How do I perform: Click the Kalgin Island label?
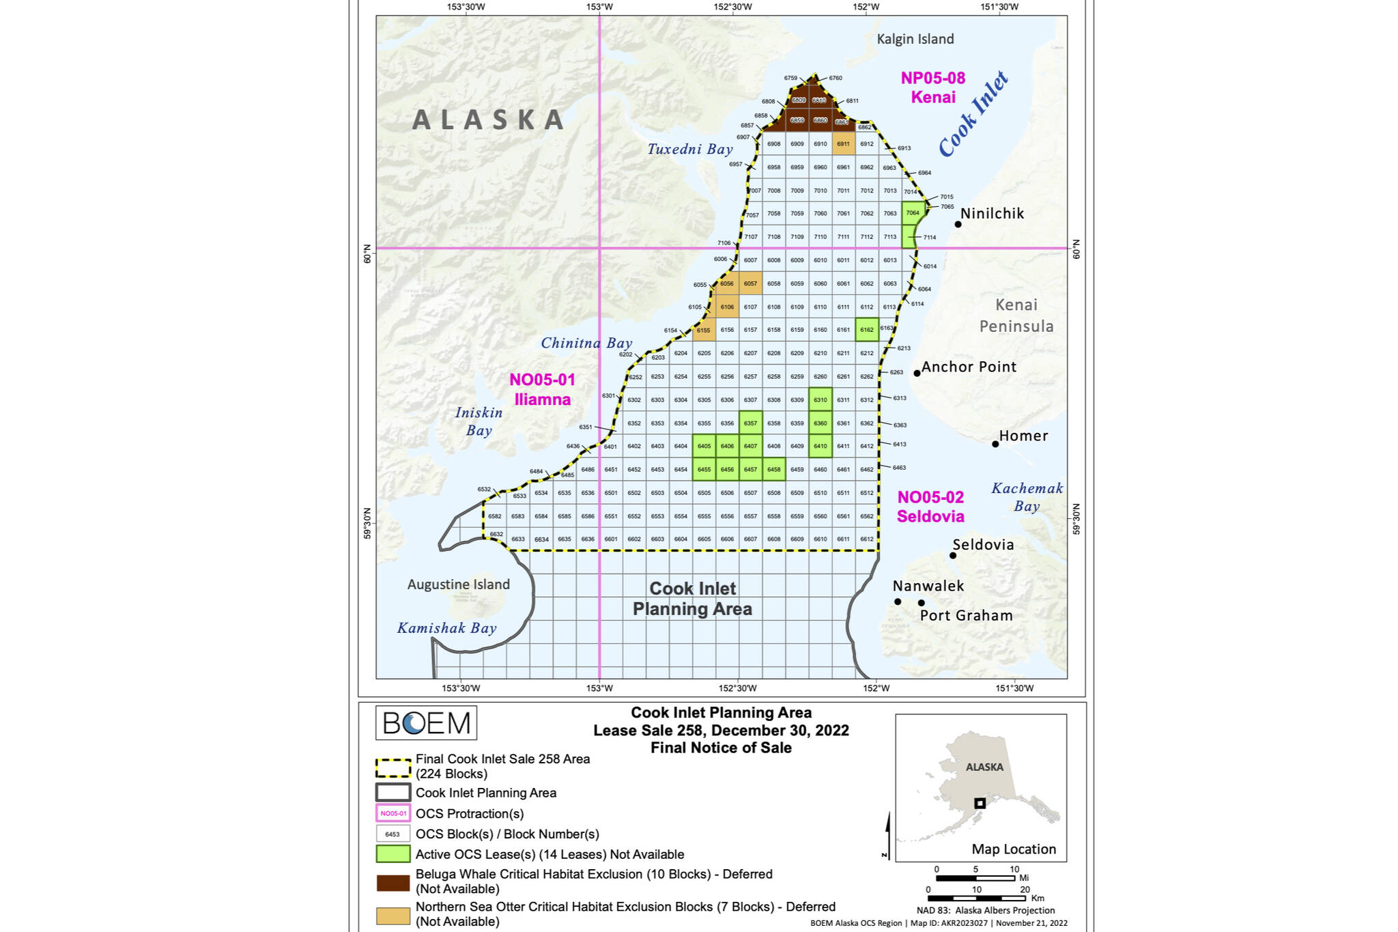pos(915,39)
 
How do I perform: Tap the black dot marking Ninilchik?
pos(958,224)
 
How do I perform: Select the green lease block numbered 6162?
pos(866,330)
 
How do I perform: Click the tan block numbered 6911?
pos(843,144)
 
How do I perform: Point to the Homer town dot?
pos(995,444)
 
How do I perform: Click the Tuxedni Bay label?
pos(689,149)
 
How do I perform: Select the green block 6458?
pos(773,470)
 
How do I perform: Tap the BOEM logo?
pos(426,722)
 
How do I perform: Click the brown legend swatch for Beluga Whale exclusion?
pos(393,882)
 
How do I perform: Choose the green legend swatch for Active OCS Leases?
pos(393,854)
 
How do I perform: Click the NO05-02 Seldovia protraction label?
pos(930,507)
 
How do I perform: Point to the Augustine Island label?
pos(458,584)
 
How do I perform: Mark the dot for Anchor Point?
pos(917,373)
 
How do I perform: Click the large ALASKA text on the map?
pos(488,120)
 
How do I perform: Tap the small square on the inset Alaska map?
pos(980,803)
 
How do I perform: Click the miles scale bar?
pos(975,878)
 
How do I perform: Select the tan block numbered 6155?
pos(704,330)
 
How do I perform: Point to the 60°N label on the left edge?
pos(367,253)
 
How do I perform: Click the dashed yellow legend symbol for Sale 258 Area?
pos(393,767)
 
